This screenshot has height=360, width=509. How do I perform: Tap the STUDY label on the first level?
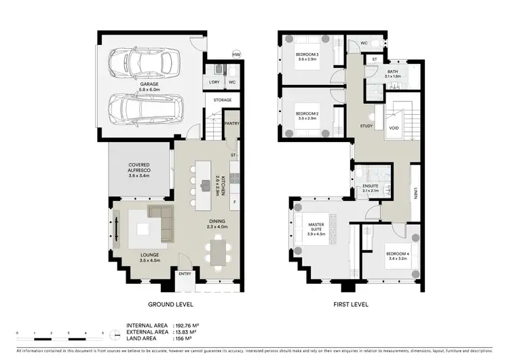coord(366,126)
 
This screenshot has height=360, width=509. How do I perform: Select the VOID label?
coord(394,127)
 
